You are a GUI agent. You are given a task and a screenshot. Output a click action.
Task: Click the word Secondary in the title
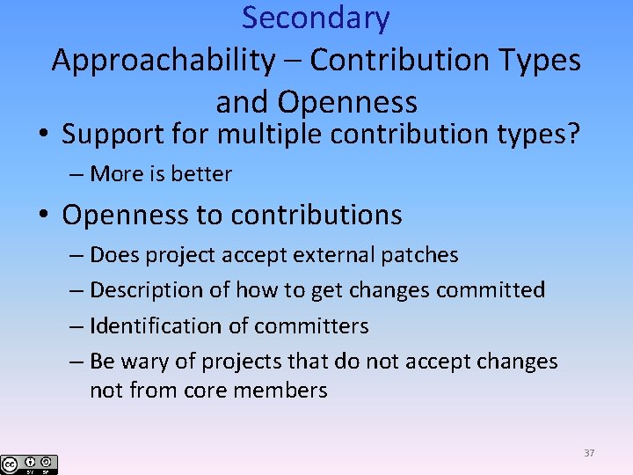[316, 18]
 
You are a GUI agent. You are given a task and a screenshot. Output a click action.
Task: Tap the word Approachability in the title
[164, 61]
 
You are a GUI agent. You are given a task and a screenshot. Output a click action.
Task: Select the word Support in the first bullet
[115, 135]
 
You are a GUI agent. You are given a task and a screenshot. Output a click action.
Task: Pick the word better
[203, 174]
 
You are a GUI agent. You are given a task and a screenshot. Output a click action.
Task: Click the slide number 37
[588, 453]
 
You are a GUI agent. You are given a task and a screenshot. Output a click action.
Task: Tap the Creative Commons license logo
[29, 464]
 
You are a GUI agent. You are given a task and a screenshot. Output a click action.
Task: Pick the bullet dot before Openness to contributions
[43, 216]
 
